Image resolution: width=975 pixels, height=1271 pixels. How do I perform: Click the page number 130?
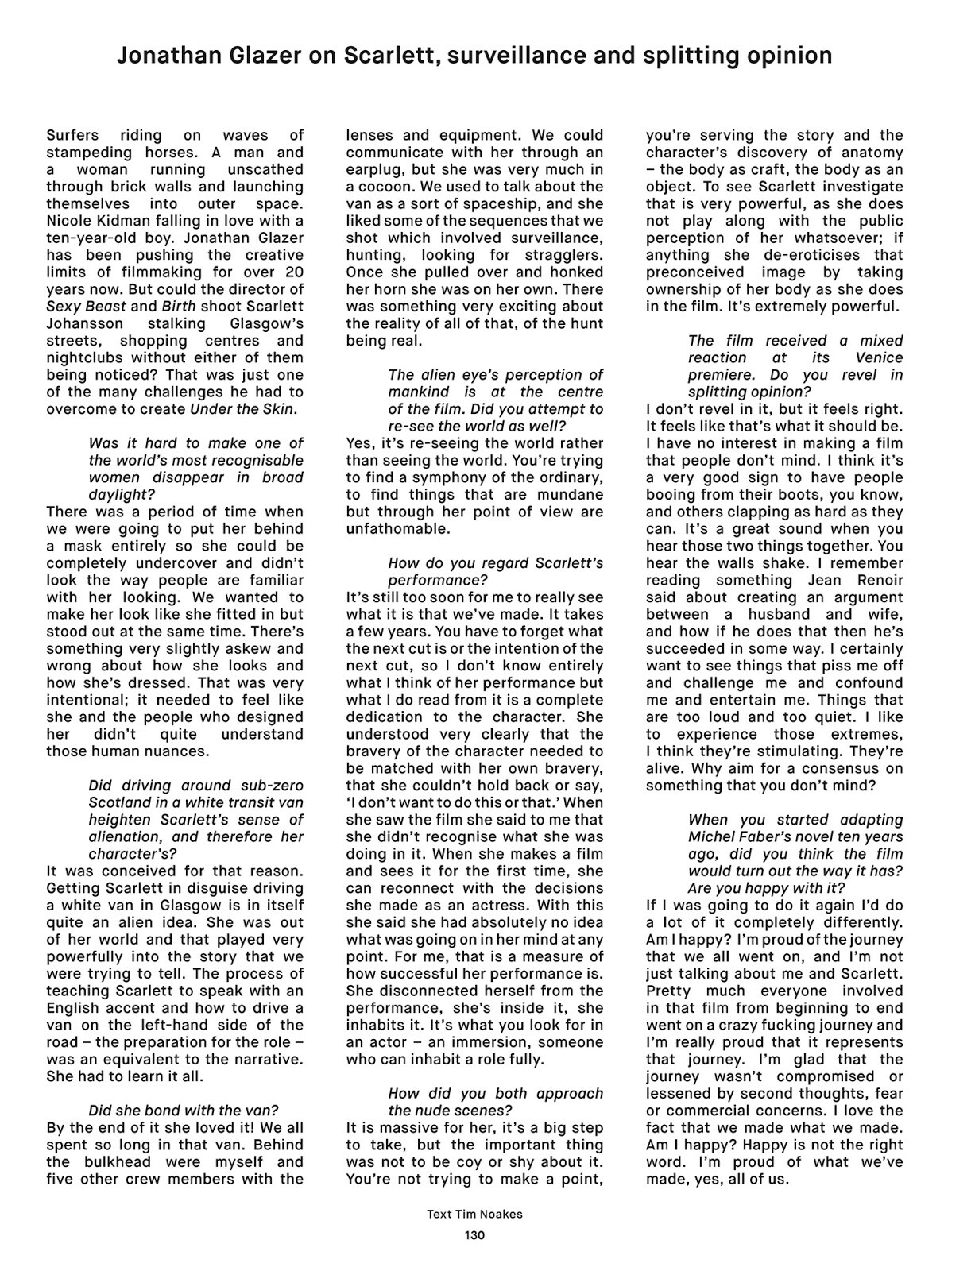pos(474,1234)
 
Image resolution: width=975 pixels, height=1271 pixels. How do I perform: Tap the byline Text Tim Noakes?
pos(474,1214)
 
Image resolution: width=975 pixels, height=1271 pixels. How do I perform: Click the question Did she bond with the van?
pos(184,1111)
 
